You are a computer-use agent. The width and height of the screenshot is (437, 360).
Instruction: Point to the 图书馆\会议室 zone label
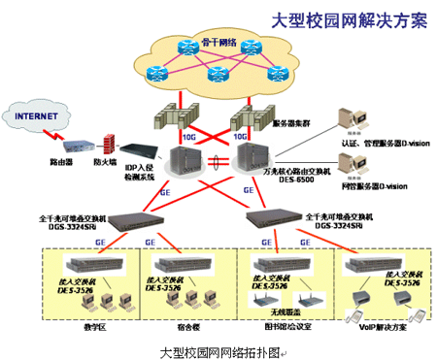tap(275, 327)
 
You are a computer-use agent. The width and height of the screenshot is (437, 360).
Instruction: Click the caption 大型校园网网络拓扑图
tap(218, 349)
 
